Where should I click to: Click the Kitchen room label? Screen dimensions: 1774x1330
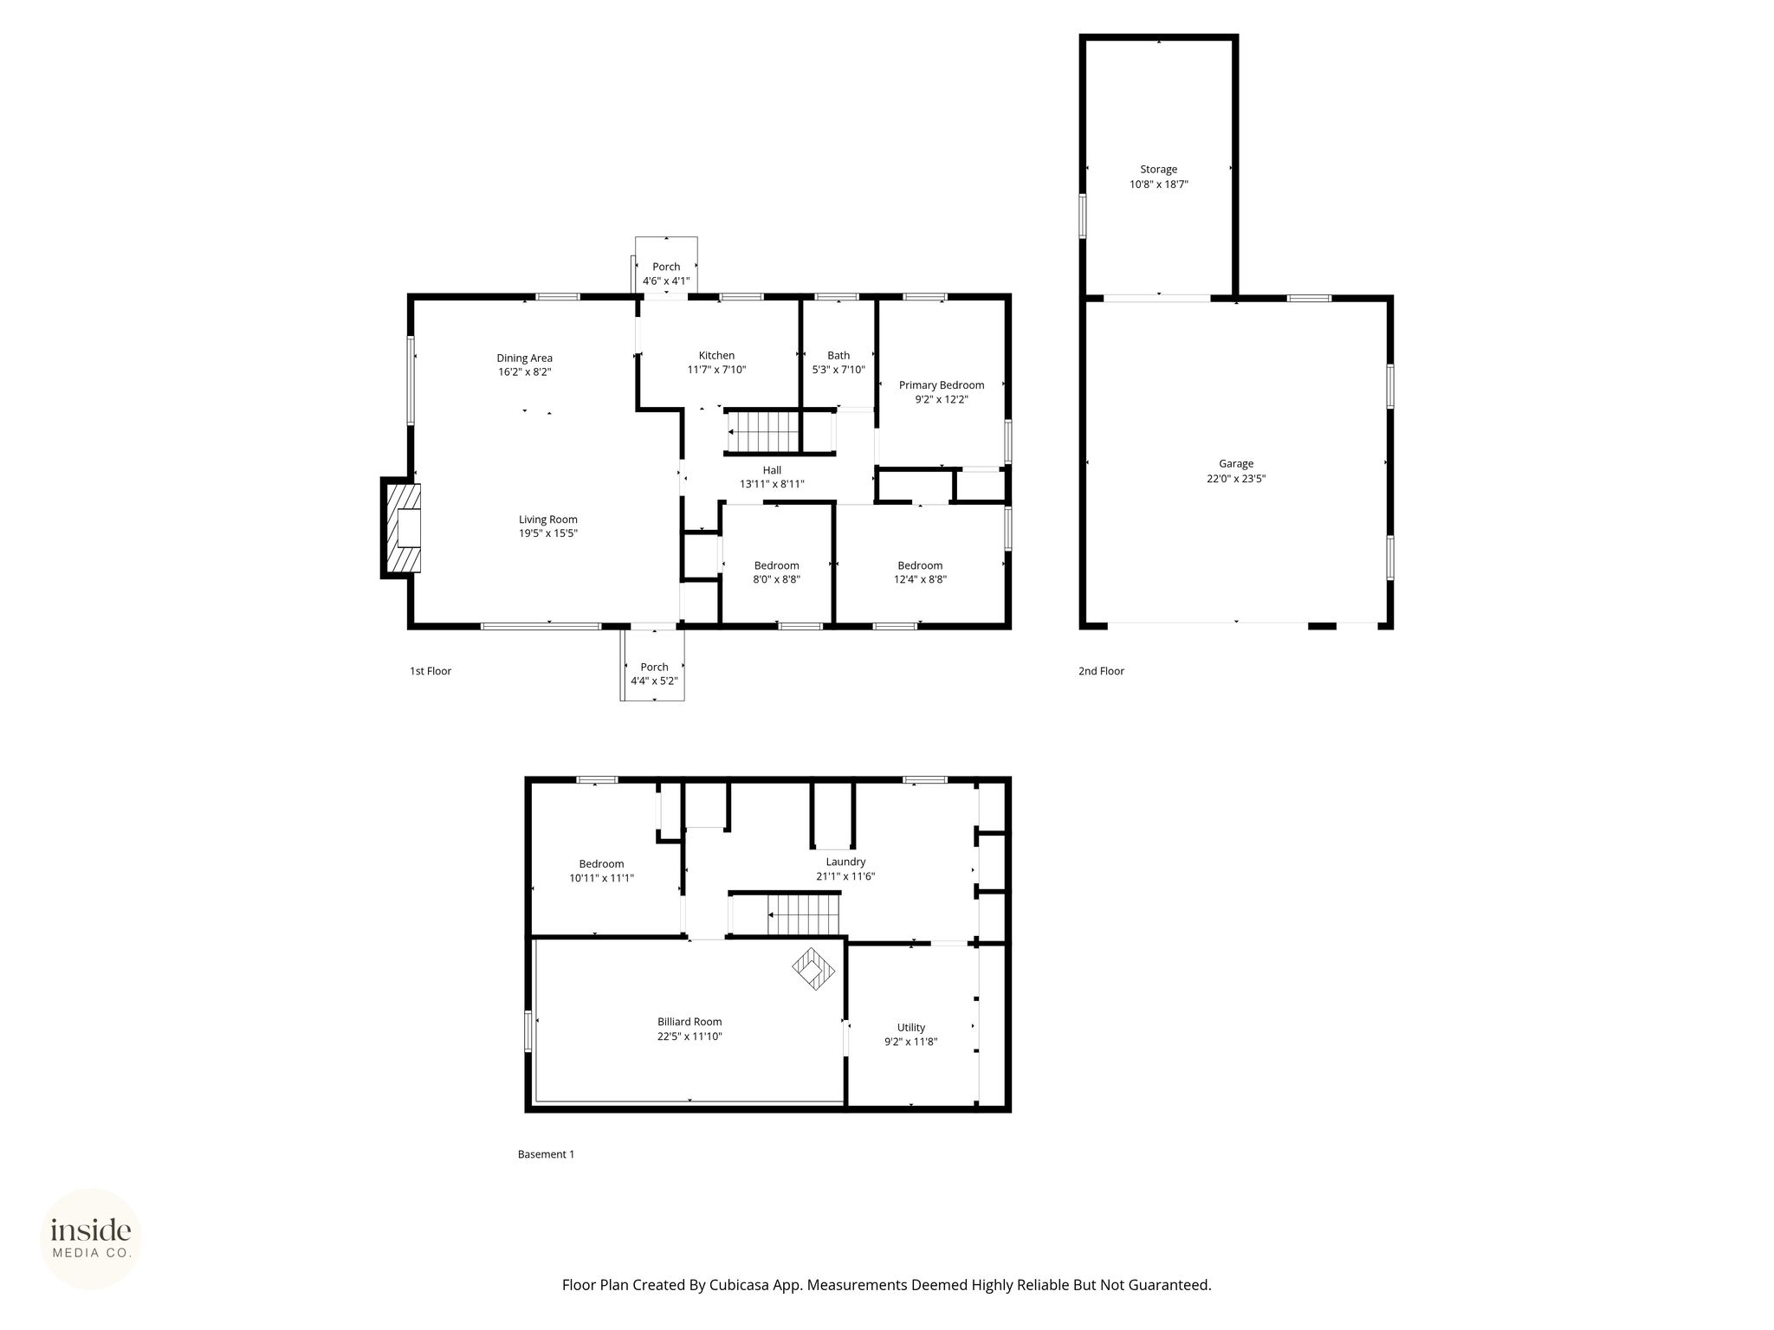[x=716, y=355]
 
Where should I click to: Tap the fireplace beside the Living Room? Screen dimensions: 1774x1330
[x=402, y=527]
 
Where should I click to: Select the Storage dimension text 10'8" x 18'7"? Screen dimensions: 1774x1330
[x=1158, y=184]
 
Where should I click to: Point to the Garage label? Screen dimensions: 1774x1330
[x=1236, y=464]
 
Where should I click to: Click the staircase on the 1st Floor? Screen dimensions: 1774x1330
[x=762, y=430]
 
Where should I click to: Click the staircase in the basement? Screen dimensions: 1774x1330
[x=804, y=915]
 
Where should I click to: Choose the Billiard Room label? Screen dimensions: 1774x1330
[x=690, y=1022]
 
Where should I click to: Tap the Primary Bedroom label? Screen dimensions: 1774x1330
[x=942, y=385]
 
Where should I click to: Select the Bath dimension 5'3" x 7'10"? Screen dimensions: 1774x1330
[x=838, y=370]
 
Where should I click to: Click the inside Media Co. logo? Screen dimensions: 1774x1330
[x=91, y=1238]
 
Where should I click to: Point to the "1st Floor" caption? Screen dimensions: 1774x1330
[x=431, y=671]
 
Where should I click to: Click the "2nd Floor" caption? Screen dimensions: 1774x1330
[x=1101, y=671]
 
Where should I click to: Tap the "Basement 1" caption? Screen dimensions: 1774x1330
[x=546, y=1154]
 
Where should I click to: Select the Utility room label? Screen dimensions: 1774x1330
[x=911, y=1028]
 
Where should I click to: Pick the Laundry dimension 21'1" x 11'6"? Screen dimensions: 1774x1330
[x=845, y=876]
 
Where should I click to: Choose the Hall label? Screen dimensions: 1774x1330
[x=772, y=470]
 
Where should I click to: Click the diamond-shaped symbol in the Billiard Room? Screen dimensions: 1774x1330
[x=814, y=969]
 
